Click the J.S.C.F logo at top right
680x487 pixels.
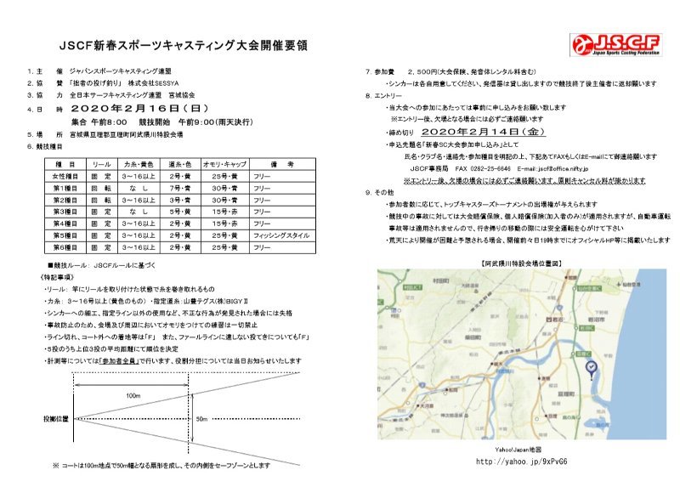(614, 43)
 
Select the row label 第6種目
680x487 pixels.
(65, 246)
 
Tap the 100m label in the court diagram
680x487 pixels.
(132, 396)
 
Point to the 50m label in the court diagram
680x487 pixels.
(201, 420)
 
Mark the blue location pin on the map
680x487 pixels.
(592, 368)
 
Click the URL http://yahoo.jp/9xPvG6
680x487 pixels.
(521, 462)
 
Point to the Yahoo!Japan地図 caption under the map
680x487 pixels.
(518, 449)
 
